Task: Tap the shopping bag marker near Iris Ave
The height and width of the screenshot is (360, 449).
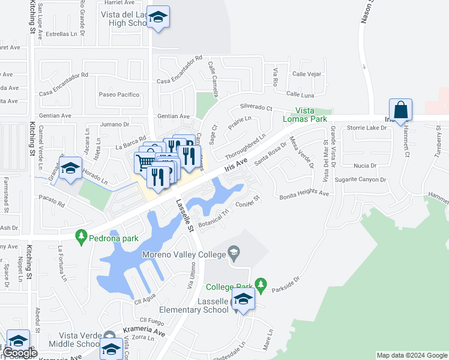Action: [x=400, y=110]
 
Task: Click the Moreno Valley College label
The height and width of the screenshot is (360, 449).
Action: [x=183, y=254]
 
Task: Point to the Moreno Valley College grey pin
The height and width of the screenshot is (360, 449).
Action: [x=235, y=254]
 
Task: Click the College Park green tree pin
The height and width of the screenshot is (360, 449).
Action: [x=260, y=283]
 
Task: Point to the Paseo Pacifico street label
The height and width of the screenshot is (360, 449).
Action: [x=119, y=94]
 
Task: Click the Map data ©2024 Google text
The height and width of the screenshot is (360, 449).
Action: [x=412, y=355]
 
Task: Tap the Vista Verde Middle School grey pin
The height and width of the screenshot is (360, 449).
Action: [x=109, y=335]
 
